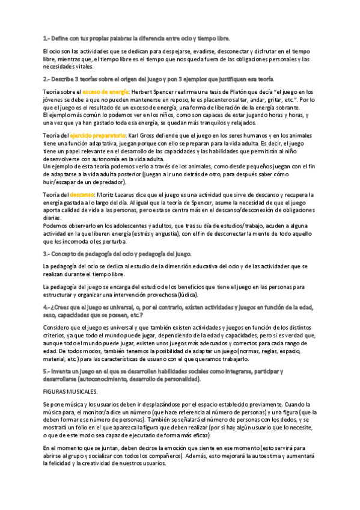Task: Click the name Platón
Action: click(x=225, y=91)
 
